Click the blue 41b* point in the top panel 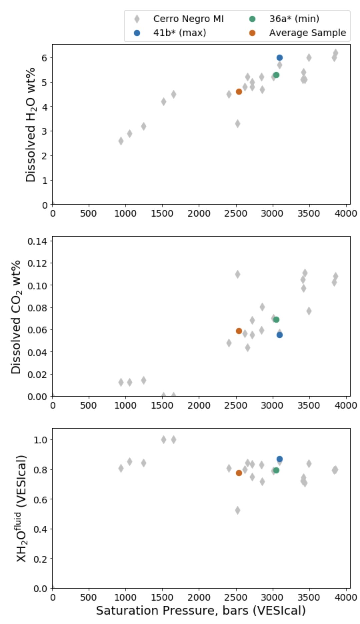pos(279,58)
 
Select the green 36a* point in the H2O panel pos(276,75)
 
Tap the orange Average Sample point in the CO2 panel pos(239,331)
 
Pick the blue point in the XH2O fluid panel pos(279,459)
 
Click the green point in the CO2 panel pos(276,320)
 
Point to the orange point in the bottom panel pos(239,473)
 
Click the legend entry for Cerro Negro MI pos(188,19)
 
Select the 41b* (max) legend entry pos(179,33)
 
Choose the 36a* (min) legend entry pos(294,19)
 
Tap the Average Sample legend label pos(307,33)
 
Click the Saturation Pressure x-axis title pos(201,610)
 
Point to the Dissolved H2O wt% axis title pos(31,124)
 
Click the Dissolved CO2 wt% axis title pos(16,317)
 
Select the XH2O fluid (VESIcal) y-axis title pos(21,508)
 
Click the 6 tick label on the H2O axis pos(45,58)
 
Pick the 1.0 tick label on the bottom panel pos(41,440)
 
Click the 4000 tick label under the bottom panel pos(346,597)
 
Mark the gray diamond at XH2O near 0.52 pos(237,510)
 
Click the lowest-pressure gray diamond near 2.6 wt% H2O pos(121,141)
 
